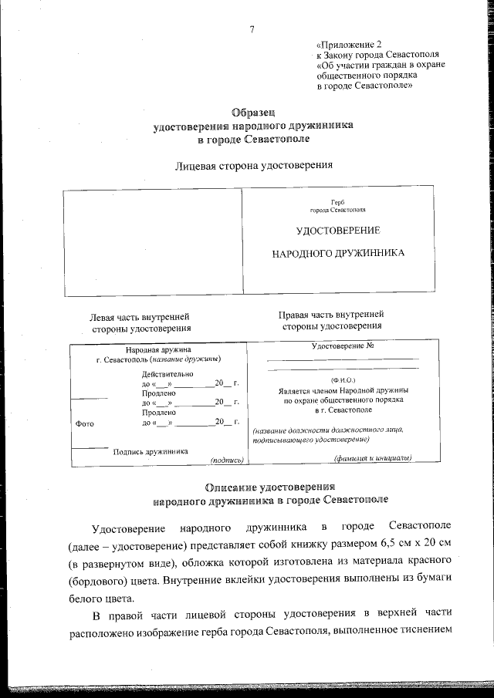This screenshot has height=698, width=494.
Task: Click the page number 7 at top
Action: (252, 30)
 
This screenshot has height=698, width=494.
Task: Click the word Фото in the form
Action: (85, 423)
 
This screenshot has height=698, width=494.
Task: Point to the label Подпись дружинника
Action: (151, 451)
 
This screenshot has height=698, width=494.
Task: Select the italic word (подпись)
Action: (227, 460)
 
